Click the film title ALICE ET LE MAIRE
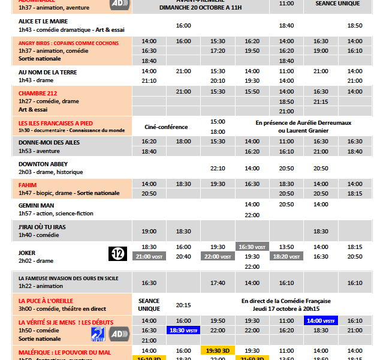[x=43, y=21]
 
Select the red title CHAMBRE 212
[x=37, y=93]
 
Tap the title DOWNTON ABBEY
[x=43, y=164]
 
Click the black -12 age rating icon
[x=117, y=254]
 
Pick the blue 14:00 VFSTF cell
[x=321, y=320]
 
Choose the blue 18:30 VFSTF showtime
[x=183, y=330]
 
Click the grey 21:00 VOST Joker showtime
[x=149, y=256]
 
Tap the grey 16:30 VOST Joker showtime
[x=252, y=247]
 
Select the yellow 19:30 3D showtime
[x=218, y=350]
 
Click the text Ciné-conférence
[x=167, y=127]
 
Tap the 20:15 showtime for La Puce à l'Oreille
[x=183, y=305]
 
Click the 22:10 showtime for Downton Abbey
[x=218, y=169]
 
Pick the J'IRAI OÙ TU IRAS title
[x=42, y=227]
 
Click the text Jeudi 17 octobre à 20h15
[x=286, y=310]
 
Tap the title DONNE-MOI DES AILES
[x=49, y=142]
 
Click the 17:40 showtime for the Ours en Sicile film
[x=218, y=283]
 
